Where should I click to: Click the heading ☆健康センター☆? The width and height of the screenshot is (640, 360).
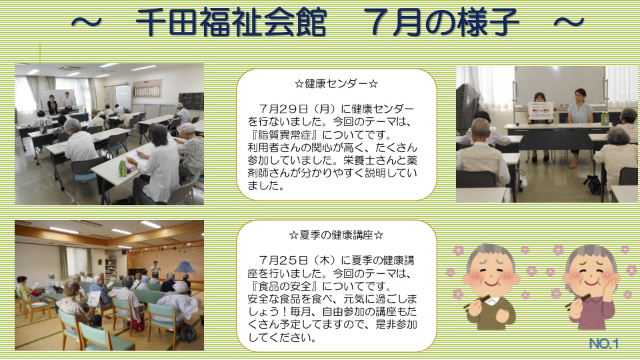coord(336,84)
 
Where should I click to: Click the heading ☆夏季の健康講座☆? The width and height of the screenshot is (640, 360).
coord(336,235)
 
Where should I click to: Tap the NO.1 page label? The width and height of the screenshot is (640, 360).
coord(604,344)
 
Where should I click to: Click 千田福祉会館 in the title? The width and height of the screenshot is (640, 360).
coord(231,23)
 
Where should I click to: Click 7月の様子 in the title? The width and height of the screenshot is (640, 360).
coord(441,23)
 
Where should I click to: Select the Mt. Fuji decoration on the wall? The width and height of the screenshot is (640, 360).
coord(183,267)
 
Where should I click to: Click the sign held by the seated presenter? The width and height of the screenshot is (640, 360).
coord(541,110)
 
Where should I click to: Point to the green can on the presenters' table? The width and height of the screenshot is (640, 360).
coord(605,118)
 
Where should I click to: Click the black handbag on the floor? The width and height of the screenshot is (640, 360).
coord(593,185)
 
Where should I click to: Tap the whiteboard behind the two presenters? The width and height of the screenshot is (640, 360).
coord(559,85)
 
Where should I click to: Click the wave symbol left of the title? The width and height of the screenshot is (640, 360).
coord(86,22)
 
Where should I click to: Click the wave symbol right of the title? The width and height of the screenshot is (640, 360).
coord(569,22)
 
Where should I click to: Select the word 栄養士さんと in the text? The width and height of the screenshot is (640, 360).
coord(375,160)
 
